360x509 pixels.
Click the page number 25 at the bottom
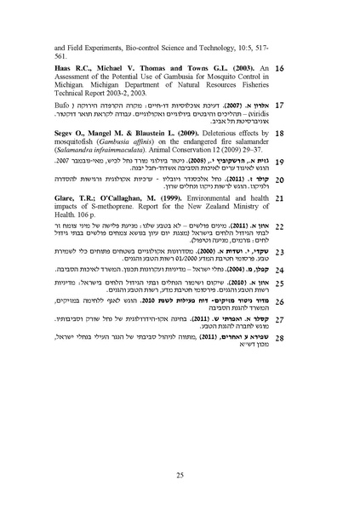click(x=180, y=475)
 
